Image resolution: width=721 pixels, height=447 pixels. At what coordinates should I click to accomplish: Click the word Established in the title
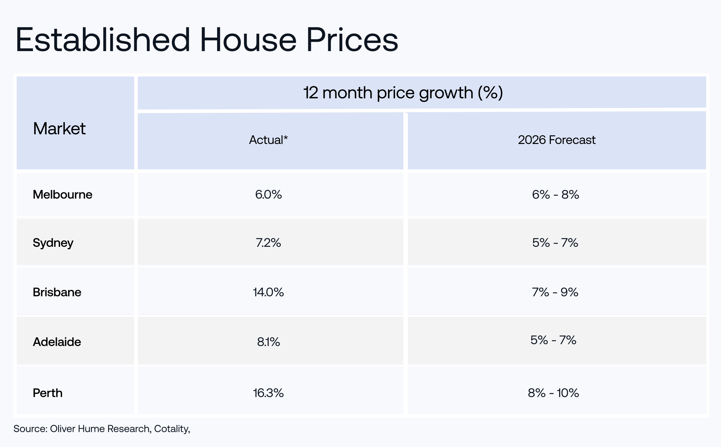pyautogui.click(x=103, y=40)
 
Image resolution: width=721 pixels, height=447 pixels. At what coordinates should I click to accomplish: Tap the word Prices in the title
pyautogui.click(x=352, y=40)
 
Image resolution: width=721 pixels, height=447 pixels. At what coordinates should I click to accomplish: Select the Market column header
pyautogui.click(x=59, y=129)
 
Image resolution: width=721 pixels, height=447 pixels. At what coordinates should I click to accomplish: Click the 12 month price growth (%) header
pyautogui.click(x=403, y=93)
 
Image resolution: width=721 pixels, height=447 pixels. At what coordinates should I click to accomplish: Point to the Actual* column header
pyautogui.click(x=268, y=140)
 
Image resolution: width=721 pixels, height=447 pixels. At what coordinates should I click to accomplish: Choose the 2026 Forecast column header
pyautogui.click(x=557, y=140)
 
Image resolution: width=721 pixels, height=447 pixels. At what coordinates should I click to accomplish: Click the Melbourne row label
pyautogui.click(x=63, y=194)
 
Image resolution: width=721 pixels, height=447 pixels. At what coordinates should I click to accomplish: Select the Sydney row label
pyautogui.click(x=53, y=243)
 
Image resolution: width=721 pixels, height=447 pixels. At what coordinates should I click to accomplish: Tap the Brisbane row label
pyautogui.click(x=57, y=292)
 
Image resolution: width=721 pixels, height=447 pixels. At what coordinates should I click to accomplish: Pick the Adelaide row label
pyautogui.click(x=57, y=342)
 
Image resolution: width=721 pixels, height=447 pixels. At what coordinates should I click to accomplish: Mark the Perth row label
pyautogui.click(x=48, y=393)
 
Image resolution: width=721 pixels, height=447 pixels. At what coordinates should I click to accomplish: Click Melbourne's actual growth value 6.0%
pyautogui.click(x=268, y=194)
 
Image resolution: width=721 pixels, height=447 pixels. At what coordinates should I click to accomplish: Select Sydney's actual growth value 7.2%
pyautogui.click(x=268, y=243)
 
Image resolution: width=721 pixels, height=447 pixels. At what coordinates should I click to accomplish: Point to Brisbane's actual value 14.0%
pyautogui.click(x=268, y=292)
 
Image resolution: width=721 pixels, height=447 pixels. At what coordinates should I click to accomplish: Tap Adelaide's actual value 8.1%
pyautogui.click(x=268, y=342)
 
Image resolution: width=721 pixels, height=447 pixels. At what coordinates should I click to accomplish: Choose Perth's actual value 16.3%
pyautogui.click(x=268, y=393)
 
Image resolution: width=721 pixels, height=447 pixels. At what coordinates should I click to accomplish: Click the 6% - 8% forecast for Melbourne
pyautogui.click(x=556, y=194)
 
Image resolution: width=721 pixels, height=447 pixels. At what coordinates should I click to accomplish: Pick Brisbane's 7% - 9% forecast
pyautogui.click(x=555, y=292)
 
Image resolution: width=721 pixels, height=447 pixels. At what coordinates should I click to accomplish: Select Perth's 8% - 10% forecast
pyautogui.click(x=553, y=393)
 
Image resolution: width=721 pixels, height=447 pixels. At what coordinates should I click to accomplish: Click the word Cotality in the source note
pyautogui.click(x=171, y=429)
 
